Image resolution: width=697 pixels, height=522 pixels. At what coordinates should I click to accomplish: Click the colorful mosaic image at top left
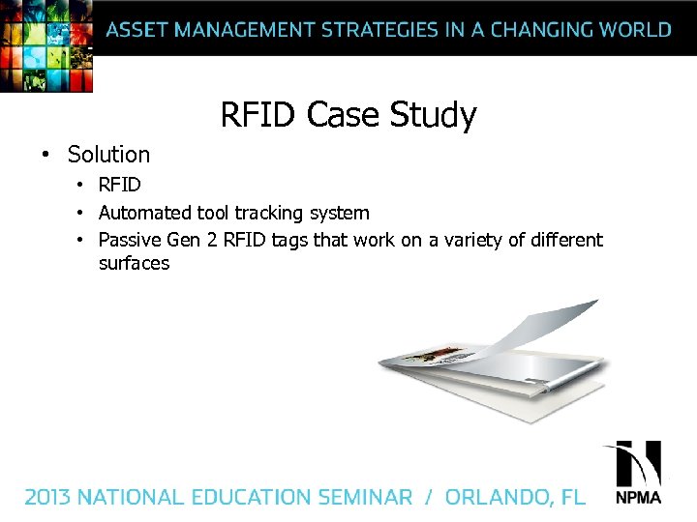click(46, 44)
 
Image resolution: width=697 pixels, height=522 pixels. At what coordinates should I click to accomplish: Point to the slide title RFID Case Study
click(348, 115)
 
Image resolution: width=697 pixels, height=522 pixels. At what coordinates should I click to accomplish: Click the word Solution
click(108, 155)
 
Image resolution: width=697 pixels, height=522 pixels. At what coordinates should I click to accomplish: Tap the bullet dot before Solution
click(45, 155)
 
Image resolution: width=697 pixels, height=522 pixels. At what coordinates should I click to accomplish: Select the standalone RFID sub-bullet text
click(119, 185)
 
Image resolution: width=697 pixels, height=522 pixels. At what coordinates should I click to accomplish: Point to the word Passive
click(131, 240)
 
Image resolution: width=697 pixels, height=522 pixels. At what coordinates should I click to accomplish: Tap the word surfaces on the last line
click(134, 263)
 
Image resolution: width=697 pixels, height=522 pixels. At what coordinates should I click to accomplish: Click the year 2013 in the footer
click(47, 497)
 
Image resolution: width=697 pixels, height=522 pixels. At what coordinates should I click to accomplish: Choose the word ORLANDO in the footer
click(499, 497)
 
